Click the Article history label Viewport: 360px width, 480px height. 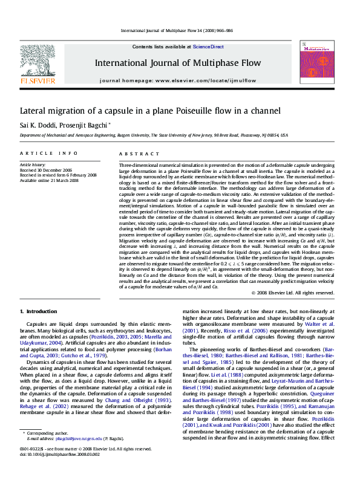33,164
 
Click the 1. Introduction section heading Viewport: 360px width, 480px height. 38,311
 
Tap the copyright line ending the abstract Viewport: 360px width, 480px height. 292,293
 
